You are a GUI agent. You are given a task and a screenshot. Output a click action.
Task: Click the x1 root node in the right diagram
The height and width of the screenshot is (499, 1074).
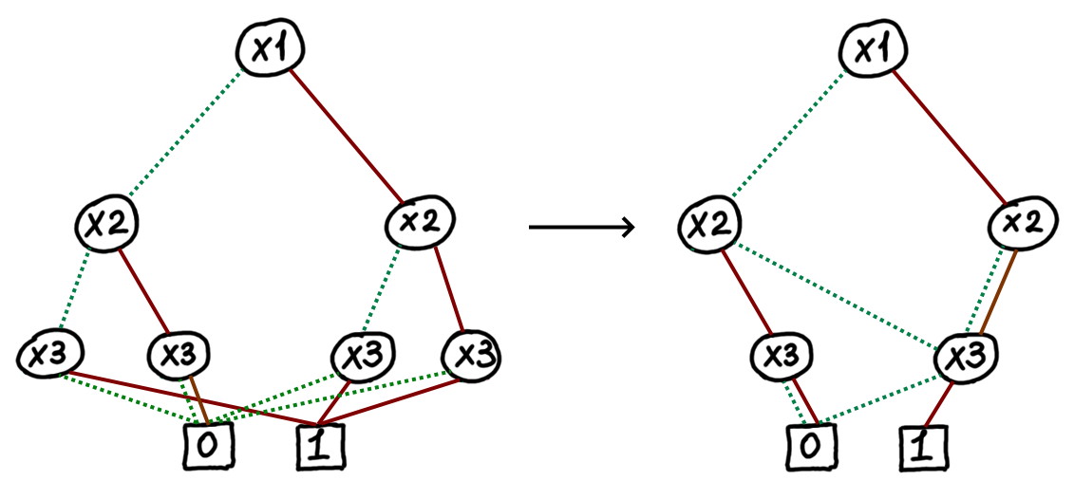[x=870, y=48]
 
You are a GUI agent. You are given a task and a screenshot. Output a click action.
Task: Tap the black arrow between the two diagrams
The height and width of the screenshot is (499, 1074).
[x=580, y=227]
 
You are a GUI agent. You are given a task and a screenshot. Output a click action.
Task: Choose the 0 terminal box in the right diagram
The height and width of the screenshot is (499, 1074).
[x=814, y=446]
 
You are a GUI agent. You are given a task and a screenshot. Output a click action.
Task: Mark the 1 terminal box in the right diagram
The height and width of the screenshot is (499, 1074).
[x=920, y=446]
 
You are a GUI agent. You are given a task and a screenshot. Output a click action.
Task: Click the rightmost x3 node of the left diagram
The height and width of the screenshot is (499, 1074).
[x=470, y=355]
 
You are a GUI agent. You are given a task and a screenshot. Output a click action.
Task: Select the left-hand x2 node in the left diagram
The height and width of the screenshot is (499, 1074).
[x=106, y=224]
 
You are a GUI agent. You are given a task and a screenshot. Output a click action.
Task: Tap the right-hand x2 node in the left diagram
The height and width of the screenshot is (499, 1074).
[x=417, y=224]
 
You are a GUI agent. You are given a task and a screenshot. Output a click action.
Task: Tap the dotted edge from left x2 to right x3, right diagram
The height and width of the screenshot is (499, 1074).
[x=836, y=293]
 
